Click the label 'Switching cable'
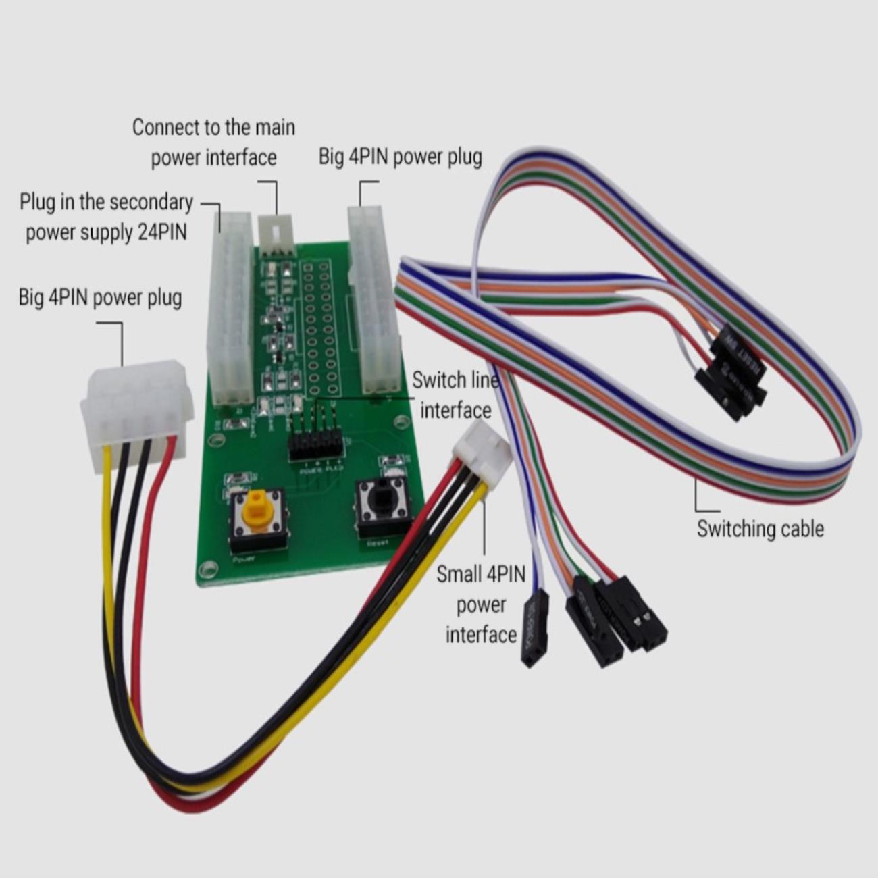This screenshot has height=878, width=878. coord(760,528)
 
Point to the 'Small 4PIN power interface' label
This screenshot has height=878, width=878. coord(481,604)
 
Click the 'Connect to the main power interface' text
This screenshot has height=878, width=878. coord(213,142)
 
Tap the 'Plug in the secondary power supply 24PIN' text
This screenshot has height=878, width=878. coord(106,217)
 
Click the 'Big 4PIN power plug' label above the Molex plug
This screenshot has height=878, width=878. coord(100,297)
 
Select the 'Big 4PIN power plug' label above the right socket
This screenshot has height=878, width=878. coord(400,157)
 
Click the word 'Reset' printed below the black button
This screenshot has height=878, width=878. coord(378,542)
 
